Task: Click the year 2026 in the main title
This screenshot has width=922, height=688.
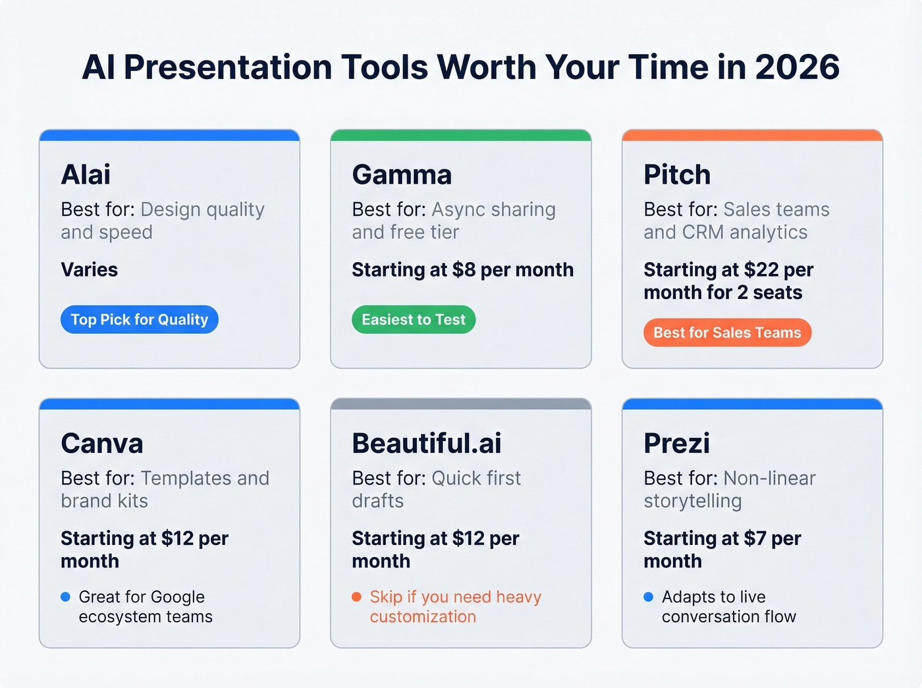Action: (x=797, y=67)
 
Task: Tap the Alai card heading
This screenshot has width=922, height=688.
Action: (x=86, y=174)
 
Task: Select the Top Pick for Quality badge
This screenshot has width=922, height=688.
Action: (x=140, y=319)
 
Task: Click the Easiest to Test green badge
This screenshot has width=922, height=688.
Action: (x=414, y=319)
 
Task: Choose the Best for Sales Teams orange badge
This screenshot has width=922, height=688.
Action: (x=727, y=332)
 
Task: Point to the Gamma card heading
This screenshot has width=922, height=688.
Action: (x=402, y=174)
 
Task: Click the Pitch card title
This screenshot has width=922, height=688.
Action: (x=677, y=174)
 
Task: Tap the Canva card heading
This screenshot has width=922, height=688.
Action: (x=102, y=443)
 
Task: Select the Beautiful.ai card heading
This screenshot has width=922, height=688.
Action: (x=427, y=443)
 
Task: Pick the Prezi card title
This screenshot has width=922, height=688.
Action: (x=676, y=443)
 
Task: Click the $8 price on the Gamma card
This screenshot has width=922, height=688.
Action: (x=464, y=270)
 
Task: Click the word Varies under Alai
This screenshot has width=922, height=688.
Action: (x=90, y=270)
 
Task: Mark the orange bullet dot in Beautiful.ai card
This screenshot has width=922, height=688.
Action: (x=356, y=597)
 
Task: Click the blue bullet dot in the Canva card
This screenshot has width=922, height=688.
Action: (x=65, y=597)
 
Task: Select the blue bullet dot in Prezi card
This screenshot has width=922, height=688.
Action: (x=648, y=597)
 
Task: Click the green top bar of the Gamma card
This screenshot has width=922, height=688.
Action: (x=461, y=135)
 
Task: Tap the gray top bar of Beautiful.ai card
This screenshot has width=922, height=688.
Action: (x=461, y=404)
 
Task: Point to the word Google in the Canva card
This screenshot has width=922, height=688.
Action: (x=173, y=597)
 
